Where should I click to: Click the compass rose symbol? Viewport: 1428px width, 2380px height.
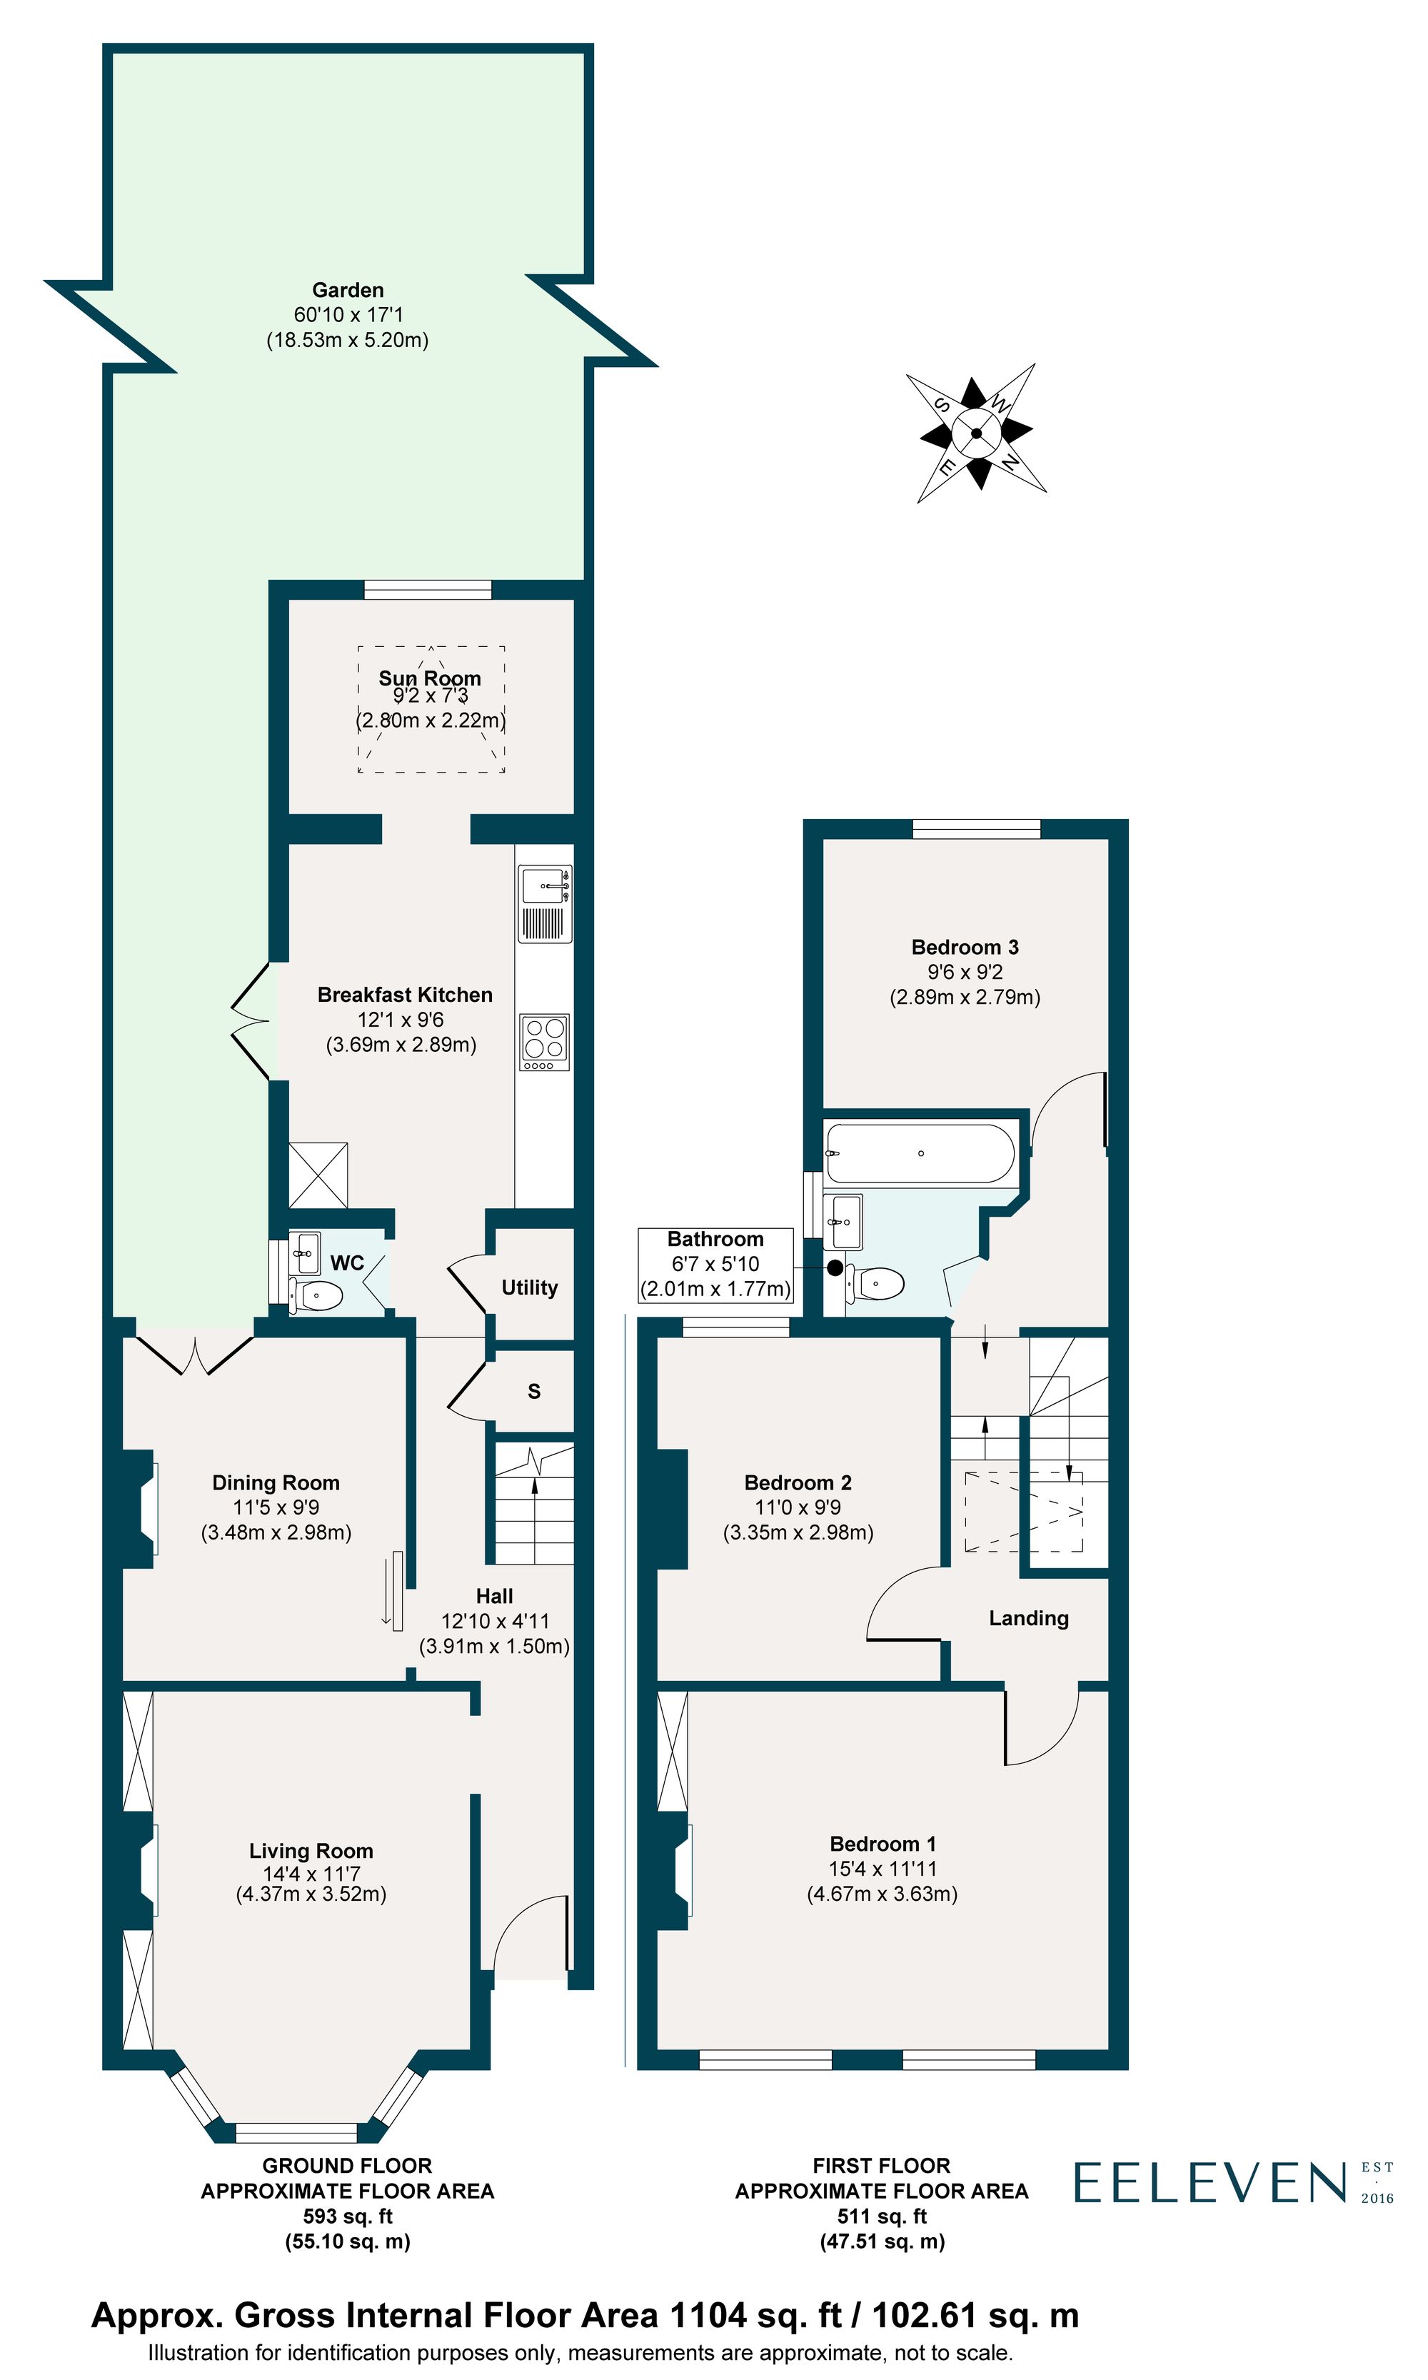coord(976,433)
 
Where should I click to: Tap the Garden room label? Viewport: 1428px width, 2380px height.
coord(348,290)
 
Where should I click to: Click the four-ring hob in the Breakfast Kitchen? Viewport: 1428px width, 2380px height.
coord(545,1041)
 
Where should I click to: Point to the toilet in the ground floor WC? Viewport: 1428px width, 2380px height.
coord(316,1296)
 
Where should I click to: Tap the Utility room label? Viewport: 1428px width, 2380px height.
coord(529,1287)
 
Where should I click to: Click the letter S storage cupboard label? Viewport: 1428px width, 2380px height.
coord(534,1392)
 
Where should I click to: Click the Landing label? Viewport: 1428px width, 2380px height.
coord(1029,1619)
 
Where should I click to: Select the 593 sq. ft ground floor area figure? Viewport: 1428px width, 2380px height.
coord(348,2216)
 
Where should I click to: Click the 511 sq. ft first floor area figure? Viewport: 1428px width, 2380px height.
coord(882,2216)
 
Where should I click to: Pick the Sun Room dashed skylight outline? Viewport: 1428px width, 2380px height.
coord(431,709)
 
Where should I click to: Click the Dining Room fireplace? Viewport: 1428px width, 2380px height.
coord(141,1508)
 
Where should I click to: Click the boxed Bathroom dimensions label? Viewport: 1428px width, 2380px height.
coord(715,1264)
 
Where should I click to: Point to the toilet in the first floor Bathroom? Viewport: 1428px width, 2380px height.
coord(878,1282)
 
